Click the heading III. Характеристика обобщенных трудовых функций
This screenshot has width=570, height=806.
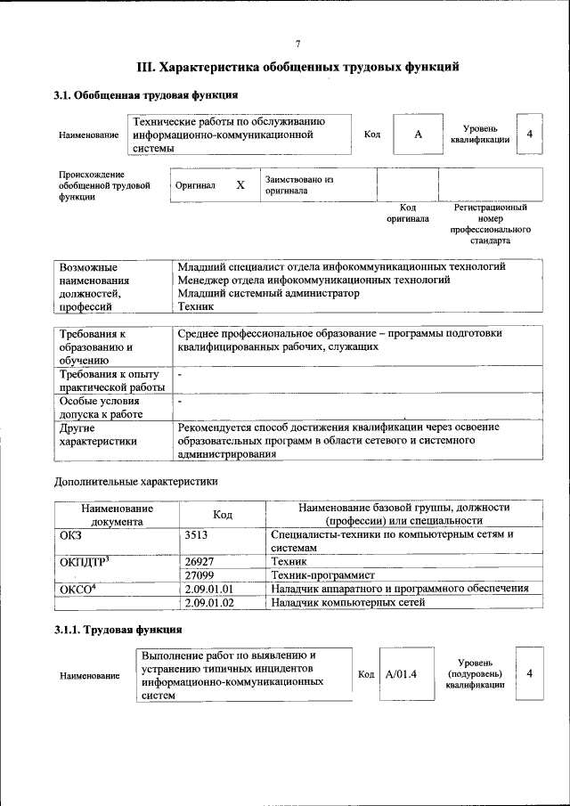coord(297,66)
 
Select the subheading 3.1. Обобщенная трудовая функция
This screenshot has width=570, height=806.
coord(145,94)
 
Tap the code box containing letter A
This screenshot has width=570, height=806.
coord(417,134)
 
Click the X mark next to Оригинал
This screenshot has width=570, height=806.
coord(240,185)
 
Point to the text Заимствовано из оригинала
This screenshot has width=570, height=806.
coord(299,185)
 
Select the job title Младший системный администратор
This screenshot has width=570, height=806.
coord(268,293)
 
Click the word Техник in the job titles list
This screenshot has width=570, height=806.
coord(196,306)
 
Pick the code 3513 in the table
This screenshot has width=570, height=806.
coord(197,535)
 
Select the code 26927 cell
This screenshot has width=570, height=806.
coord(199,562)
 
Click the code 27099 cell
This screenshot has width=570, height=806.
coord(199,575)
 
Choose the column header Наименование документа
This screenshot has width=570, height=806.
coord(117,514)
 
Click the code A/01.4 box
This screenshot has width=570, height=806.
coord(402,673)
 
